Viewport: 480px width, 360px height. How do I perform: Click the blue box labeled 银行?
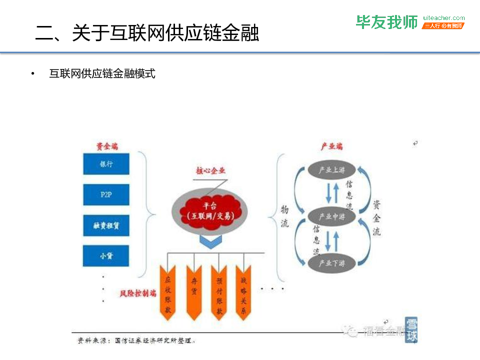[106, 164]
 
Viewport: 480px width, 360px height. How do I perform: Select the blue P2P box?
[106, 195]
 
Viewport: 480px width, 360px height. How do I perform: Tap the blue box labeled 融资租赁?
[106, 225]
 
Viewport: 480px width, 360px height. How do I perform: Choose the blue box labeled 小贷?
[106, 256]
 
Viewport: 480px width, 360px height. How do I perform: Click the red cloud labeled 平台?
[210, 210]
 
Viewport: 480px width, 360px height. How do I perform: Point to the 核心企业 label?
[210, 170]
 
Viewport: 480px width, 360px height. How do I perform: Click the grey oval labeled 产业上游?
[332, 170]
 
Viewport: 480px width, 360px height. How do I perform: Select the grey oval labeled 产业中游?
[332, 216]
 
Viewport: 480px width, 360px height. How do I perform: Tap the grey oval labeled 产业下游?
[332, 263]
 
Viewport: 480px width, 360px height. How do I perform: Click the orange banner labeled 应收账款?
[168, 292]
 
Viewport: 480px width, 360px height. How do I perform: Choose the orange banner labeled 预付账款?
[219, 292]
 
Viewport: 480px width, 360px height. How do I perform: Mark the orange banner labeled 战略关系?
[244, 292]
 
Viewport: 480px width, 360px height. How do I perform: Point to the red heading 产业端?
[331, 146]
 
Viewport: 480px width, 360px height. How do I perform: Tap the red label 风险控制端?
[138, 293]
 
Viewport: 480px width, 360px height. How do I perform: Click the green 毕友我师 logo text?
[386, 22]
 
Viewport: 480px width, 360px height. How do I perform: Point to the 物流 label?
[284, 216]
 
